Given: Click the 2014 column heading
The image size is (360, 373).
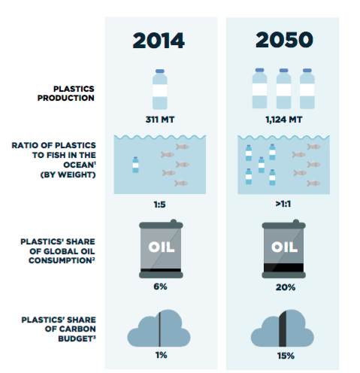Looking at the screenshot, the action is [159, 41].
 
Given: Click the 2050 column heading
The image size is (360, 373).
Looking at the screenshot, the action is [284, 40].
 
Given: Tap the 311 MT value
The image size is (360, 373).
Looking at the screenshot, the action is [160, 120].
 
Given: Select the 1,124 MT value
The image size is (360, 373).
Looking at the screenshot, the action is [284, 120].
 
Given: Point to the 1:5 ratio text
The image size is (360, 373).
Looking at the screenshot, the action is [159, 205].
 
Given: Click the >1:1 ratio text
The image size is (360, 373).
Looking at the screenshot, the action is [283, 204].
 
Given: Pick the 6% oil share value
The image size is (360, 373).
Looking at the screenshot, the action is [160, 287].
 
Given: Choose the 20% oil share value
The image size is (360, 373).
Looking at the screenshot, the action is [286, 287].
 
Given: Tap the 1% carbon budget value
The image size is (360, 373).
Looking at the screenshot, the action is [161, 355].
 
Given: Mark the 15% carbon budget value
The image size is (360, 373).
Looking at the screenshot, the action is [286, 356].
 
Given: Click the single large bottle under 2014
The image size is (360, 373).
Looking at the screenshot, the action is [160, 89].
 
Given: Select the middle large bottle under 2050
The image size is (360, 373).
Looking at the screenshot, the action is [283, 89].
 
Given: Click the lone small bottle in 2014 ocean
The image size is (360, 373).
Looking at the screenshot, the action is [135, 165].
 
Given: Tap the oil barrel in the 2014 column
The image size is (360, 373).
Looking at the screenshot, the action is [161, 249].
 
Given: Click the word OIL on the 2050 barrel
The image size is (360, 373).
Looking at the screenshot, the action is [284, 247].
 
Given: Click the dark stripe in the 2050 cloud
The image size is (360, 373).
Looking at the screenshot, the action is [283, 329].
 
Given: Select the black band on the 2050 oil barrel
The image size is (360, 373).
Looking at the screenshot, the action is [283, 268].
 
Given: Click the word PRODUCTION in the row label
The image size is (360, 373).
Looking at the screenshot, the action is [66, 98].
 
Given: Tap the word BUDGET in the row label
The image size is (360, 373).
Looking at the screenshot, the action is [77, 338].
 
